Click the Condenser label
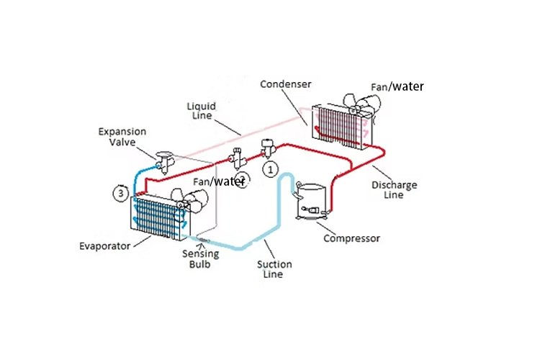click(285, 84)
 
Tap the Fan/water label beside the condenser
click(397, 87)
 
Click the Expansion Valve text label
click(122, 137)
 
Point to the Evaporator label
click(105, 246)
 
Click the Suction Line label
click(275, 269)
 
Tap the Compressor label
click(352, 238)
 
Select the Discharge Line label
click(394, 190)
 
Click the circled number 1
click(270, 169)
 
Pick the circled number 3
click(122, 193)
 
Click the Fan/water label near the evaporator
click(220, 181)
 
